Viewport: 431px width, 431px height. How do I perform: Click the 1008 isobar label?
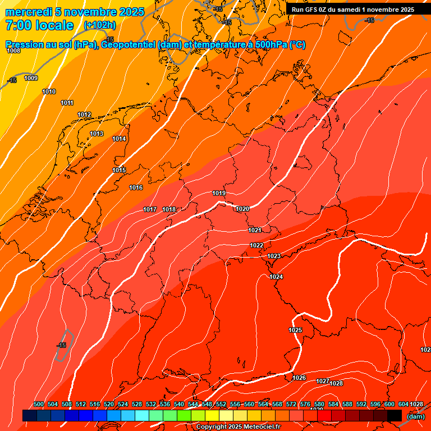[x=13, y=51]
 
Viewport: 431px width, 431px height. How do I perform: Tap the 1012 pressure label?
[x=84, y=114]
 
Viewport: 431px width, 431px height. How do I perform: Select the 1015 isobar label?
[x=119, y=170]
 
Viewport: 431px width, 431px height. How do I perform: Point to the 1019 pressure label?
[x=219, y=194]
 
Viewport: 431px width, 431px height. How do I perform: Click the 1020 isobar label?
[x=242, y=209]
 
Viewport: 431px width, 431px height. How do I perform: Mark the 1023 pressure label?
[x=273, y=256]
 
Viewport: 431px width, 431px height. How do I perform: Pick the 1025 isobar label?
[x=295, y=330]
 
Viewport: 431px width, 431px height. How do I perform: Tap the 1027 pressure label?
[x=322, y=381]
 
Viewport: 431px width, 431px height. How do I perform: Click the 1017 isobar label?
[x=150, y=209]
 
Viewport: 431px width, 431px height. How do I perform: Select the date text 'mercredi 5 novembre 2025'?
[x=75, y=12]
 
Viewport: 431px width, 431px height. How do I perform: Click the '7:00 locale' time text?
[x=39, y=25]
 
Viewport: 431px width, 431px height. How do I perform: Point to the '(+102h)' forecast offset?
[x=99, y=25]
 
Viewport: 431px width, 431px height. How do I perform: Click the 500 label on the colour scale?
[x=39, y=404]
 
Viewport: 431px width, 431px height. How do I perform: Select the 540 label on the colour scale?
[x=179, y=404]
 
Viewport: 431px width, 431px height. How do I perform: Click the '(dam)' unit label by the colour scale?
[x=415, y=416]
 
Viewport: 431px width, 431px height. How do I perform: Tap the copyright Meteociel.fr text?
[x=238, y=427]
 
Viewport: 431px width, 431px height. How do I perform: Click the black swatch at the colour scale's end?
[x=395, y=415]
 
